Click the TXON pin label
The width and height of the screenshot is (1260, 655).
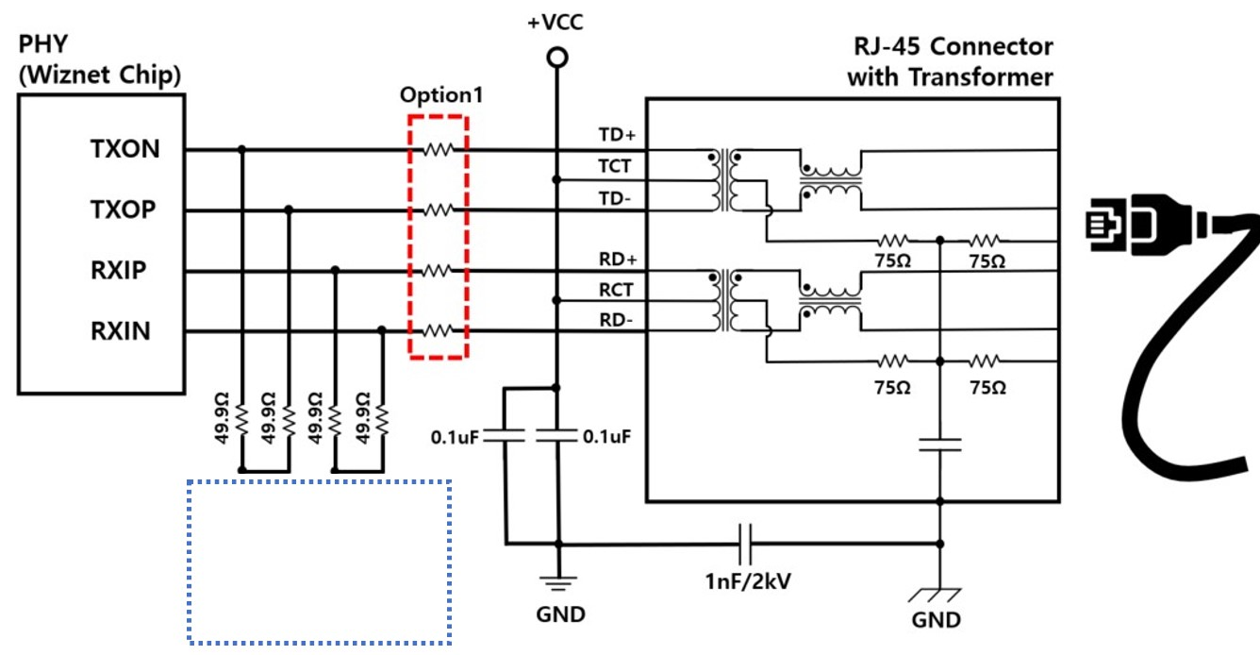pos(124,149)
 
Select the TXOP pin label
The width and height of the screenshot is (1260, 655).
pos(123,210)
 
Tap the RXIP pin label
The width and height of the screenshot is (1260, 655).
pos(118,271)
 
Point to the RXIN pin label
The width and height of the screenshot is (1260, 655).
pos(121,331)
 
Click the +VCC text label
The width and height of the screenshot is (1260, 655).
pos(555,23)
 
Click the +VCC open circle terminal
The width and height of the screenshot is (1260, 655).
pos(557,58)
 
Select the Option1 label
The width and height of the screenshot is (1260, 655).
pos(441,95)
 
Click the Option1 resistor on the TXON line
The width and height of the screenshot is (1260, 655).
pos(439,149)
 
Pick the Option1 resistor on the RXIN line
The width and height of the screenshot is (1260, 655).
pos(439,330)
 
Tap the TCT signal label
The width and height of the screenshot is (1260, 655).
pos(614,166)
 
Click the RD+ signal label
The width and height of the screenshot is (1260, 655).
pos(618,260)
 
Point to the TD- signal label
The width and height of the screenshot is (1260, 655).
pos(615,198)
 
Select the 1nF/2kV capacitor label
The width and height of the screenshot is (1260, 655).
pos(748,581)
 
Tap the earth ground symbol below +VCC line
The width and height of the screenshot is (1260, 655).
pos(558,583)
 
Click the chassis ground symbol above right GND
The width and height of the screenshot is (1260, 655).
pos(935,595)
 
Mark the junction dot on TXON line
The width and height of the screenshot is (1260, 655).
pos(241,149)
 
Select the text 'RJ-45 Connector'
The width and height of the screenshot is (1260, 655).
pos(953,46)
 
